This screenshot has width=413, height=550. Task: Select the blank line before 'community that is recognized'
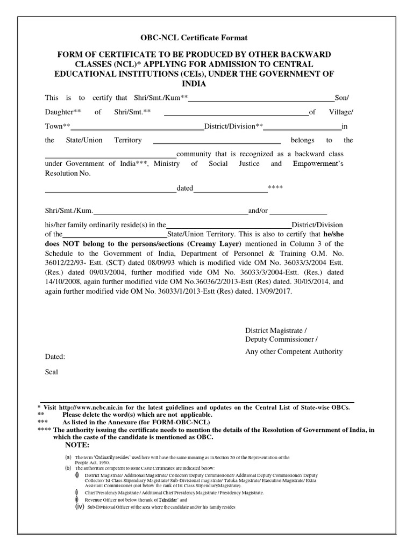110,156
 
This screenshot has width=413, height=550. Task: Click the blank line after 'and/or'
302,213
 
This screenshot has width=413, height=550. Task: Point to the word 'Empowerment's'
318,164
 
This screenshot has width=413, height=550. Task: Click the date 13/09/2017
274,291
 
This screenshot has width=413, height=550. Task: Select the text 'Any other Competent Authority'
293,352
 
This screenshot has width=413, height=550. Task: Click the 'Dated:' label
55,357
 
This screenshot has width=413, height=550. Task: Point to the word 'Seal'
52,371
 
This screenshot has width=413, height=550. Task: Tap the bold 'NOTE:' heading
78,445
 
